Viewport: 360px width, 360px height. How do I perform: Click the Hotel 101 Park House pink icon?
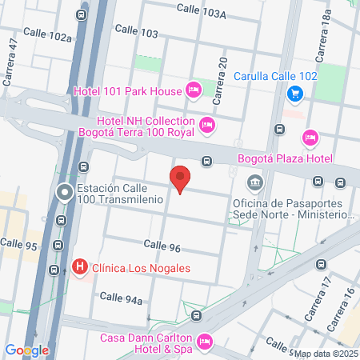click(x=193, y=90)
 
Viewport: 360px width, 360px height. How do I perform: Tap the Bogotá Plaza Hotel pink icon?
click(x=311, y=138)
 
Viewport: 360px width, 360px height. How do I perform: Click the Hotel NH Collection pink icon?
click(x=207, y=124)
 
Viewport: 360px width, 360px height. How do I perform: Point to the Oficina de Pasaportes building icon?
click(x=254, y=184)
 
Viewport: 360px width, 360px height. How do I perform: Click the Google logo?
click(x=27, y=350)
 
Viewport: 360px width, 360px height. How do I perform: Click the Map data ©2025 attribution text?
click(x=326, y=353)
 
